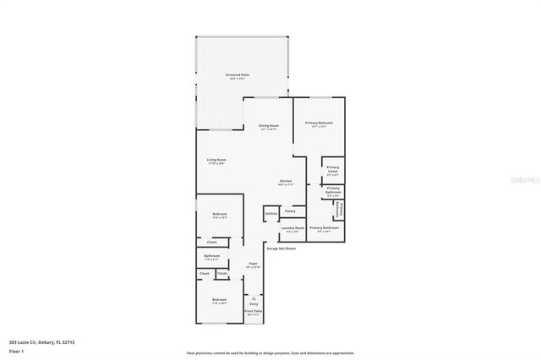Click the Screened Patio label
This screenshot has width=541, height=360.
pyautogui.click(x=237, y=75)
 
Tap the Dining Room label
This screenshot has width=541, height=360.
pyautogui.click(x=269, y=125)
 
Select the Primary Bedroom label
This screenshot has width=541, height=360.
pyautogui.click(x=319, y=123)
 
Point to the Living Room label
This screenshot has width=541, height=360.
pyautogui.click(x=216, y=160)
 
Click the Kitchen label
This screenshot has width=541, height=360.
pyautogui.click(x=286, y=182)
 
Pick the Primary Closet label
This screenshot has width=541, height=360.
pyautogui.click(x=333, y=168)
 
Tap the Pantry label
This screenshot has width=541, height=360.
pyautogui.click(x=289, y=210)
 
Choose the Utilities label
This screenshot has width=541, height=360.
pyautogui.click(x=270, y=215)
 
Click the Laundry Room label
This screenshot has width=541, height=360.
pyautogui.click(x=292, y=228)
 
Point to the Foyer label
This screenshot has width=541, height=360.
pyautogui.click(x=253, y=265)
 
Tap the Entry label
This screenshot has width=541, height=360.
pyautogui.click(x=254, y=303)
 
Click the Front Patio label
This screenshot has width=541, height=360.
pyautogui.click(x=254, y=312)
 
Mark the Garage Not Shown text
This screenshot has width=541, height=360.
pyautogui.click(x=281, y=248)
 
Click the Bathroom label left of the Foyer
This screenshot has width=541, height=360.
pyautogui.click(x=212, y=255)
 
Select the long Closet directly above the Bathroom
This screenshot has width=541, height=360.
pyautogui.click(x=212, y=242)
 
